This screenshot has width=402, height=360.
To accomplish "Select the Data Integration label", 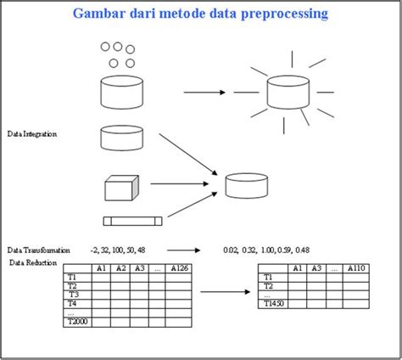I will (x=32, y=134).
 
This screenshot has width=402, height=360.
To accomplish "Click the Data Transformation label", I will (x=39, y=250).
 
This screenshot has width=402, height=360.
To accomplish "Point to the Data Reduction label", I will (x=33, y=263).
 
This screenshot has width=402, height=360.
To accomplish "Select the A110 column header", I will (x=355, y=268).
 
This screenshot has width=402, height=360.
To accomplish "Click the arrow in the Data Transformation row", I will (x=183, y=250).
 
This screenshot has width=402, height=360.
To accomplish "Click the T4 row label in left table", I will (x=73, y=303).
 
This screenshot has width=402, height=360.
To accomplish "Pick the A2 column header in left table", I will (x=120, y=268).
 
